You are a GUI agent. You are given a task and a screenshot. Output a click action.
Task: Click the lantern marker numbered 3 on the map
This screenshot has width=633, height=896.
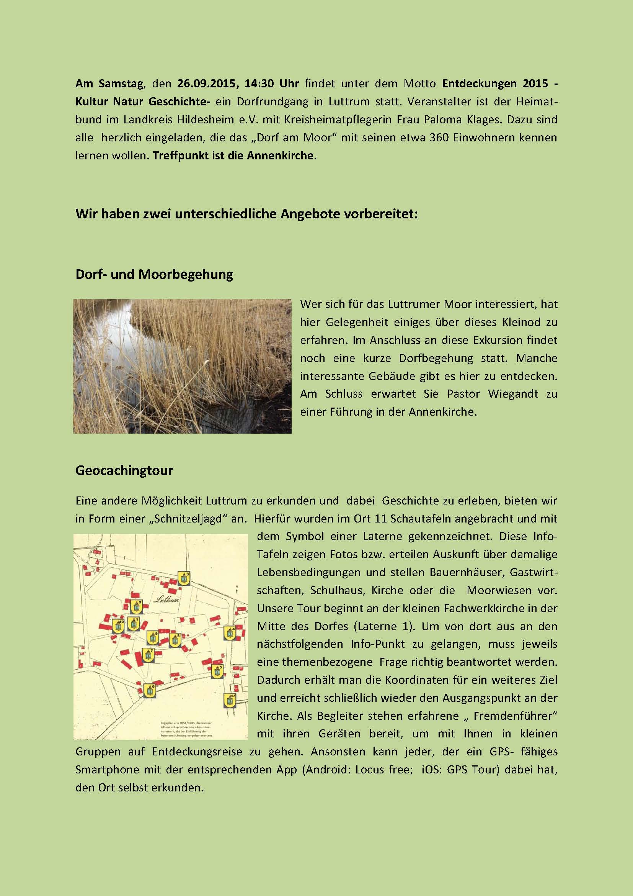click(x=184, y=578)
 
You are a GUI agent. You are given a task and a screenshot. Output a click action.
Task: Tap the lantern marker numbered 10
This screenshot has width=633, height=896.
click(x=118, y=626)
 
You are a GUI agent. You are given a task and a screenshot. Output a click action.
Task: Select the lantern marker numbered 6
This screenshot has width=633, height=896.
click(x=150, y=691)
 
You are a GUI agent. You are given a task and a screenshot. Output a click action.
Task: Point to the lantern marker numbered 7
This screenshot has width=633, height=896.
click(x=148, y=655)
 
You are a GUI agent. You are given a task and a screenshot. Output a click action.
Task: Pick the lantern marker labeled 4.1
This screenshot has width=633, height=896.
click(x=230, y=701)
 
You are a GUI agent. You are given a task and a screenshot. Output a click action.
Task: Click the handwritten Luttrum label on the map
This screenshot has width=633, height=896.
click(x=166, y=600)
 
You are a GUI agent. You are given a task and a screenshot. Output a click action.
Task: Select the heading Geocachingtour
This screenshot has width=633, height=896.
click(x=124, y=470)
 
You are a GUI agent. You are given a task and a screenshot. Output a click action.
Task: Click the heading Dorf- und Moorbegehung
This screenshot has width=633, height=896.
click(x=154, y=274)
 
